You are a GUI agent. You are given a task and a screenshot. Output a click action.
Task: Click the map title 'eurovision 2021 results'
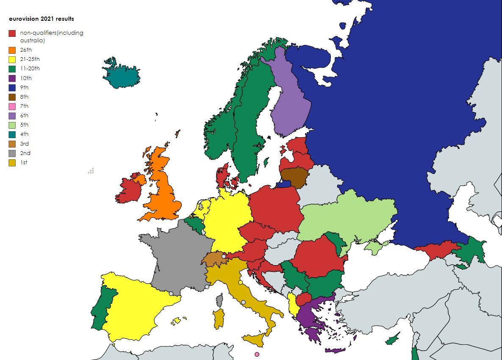pyautogui.click(x=42, y=19)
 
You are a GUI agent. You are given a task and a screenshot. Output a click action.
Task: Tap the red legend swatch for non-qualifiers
pyautogui.click(x=12, y=33)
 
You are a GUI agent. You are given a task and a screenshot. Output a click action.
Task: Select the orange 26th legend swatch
pyautogui.click(x=12, y=50)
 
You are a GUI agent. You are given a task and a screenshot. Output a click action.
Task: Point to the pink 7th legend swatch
pyautogui.click(x=12, y=106)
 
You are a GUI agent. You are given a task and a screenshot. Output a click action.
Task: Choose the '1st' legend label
pyautogui.click(x=24, y=163)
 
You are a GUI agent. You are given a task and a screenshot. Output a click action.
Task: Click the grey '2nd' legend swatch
pyautogui.click(x=12, y=153)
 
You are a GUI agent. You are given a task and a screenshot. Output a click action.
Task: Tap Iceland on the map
pyautogui.click(x=122, y=75)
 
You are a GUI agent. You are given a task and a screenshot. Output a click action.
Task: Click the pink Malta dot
pyautogui.click(x=257, y=354)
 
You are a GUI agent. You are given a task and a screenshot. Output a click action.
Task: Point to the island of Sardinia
pyautogui.click(x=219, y=318)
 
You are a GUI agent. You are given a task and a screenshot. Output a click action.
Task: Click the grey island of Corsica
pyautogui.click(x=219, y=300)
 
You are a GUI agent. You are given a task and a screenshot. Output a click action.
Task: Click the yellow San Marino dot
pyautogui.click(x=240, y=282)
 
